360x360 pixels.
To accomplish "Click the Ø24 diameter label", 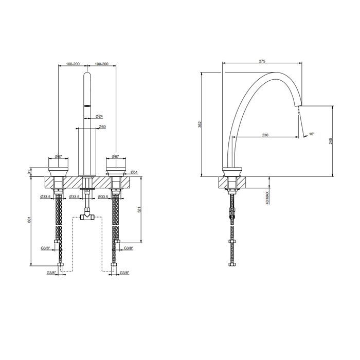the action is pyautogui.click(x=99, y=116).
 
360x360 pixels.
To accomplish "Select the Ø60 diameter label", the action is pyautogui.click(x=102, y=127).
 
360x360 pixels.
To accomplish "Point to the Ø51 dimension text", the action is pyautogui.click(x=134, y=172).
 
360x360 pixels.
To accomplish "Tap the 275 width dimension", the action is pyautogui.click(x=262, y=61).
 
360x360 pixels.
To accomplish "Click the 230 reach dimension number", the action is pyautogui.click(x=265, y=135).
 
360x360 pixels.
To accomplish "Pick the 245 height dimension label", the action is pyautogui.click(x=331, y=141).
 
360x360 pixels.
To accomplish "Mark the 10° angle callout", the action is pyautogui.click(x=311, y=134).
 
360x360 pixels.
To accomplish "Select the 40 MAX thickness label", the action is pyautogui.click(x=267, y=198).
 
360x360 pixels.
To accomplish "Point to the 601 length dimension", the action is pyautogui.click(x=29, y=220).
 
